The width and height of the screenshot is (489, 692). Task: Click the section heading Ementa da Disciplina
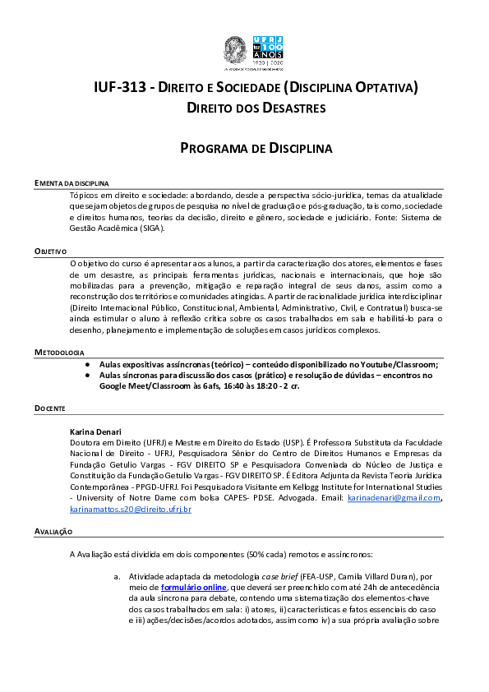tap(72, 182)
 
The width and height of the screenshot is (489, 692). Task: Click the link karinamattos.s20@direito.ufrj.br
tap(131, 509)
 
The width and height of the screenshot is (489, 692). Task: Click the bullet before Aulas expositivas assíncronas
tap(87, 363)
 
